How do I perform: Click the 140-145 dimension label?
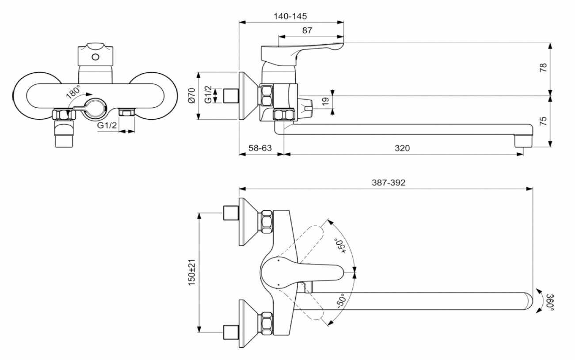click(x=290, y=16)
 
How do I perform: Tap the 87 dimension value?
click(x=307, y=30)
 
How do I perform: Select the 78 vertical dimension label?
click(x=544, y=68)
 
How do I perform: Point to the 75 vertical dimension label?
click(x=544, y=121)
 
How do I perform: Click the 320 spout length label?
click(x=402, y=148)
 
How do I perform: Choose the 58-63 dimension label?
click(x=260, y=148)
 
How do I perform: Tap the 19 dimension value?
click(x=325, y=101)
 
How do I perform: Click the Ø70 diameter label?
click(x=192, y=95)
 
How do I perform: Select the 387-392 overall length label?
click(x=388, y=182)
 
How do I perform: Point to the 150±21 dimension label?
click(x=192, y=273)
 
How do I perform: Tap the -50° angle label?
click(x=341, y=301)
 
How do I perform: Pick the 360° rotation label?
click(x=550, y=302)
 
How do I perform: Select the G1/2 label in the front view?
click(x=107, y=125)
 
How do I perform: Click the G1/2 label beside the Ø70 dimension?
click(x=208, y=95)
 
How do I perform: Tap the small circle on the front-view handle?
click(x=95, y=57)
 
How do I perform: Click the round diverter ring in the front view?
click(x=95, y=109)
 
